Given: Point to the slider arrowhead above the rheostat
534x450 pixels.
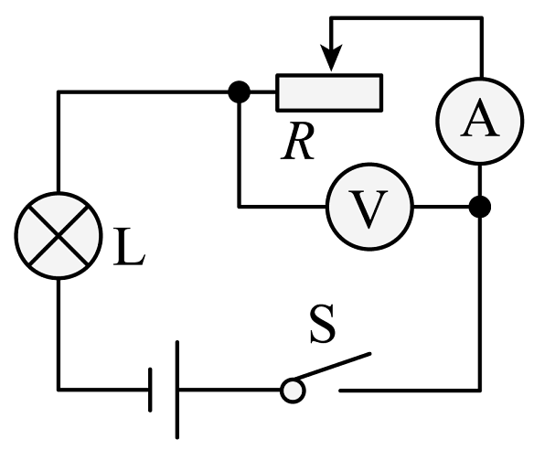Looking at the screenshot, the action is (x=331, y=58).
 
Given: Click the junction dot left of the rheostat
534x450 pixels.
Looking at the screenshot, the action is (x=239, y=92).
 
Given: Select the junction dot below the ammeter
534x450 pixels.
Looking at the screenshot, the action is (x=480, y=207).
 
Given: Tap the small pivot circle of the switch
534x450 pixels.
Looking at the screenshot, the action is (x=293, y=391).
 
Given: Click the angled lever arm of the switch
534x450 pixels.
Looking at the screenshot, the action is (x=332, y=366).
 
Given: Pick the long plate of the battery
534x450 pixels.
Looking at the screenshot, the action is (x=177, y=390).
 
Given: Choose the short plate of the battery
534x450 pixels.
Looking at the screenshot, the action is (x=150, y=390).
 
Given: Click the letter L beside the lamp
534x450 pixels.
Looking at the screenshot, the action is (x=130, y=246).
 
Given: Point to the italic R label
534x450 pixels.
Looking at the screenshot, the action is (x=298, y=141).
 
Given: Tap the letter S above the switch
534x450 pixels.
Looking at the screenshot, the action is (x=323, y=324).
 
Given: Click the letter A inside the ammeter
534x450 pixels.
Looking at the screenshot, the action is (x=480, y=117).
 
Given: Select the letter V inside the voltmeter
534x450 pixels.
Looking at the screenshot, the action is (x=368, y=209).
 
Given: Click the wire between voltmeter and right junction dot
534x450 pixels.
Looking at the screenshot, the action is (x=442, y=207).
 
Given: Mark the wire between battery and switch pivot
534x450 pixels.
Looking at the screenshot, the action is (x=230, y=390).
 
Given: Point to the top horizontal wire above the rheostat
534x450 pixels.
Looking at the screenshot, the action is (x=407, y=18).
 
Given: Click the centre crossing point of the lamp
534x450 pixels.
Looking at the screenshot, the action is (x=59, y=236).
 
